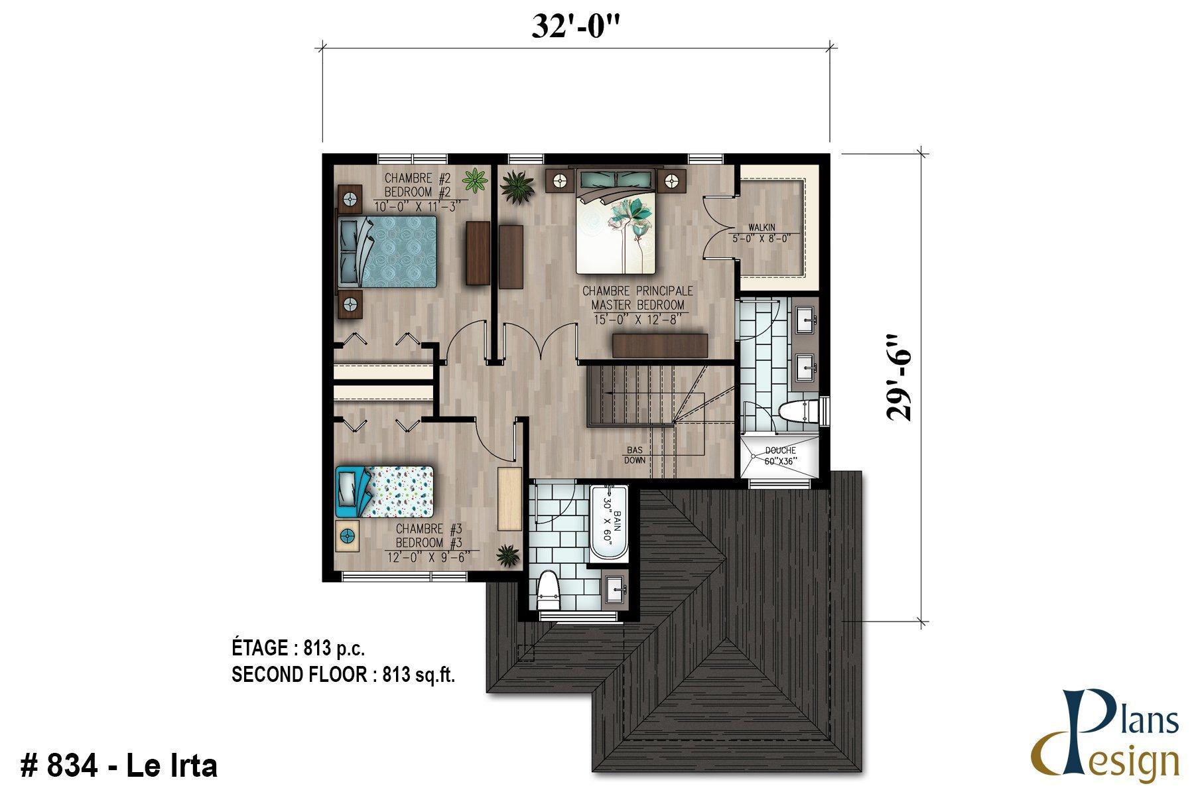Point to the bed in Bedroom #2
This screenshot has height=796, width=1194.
pyautogui.click(x=389, y=251)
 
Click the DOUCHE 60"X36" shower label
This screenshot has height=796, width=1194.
pyautogui.click(x=780, y=455)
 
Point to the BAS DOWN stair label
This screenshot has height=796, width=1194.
pyautogui.click(x=634, y=455)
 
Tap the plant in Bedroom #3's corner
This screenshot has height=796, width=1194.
pyautogui.click(x=509, y=555)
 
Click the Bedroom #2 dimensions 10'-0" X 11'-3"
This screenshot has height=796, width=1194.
pyautogui.click(x=418, y=206)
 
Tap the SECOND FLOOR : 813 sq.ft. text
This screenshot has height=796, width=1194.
pyautogui.click(x=343, y=675)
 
